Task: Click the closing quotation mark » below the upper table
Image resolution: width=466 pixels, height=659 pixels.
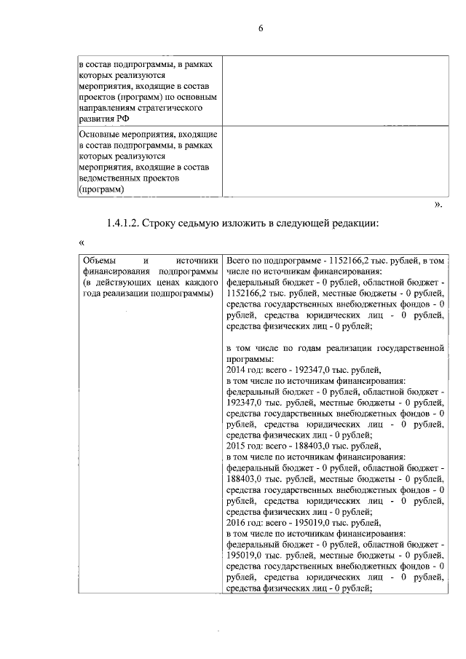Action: point(438,205)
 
